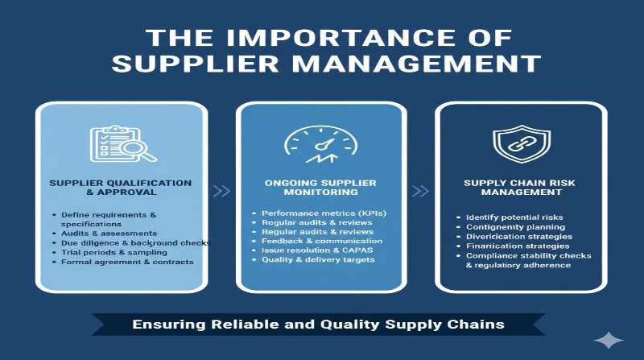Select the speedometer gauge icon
[x=320, y=143]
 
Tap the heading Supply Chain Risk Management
[x=518, y=188]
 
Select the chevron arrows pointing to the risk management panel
[x=419, y=191]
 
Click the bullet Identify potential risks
[x=513, y=217]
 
